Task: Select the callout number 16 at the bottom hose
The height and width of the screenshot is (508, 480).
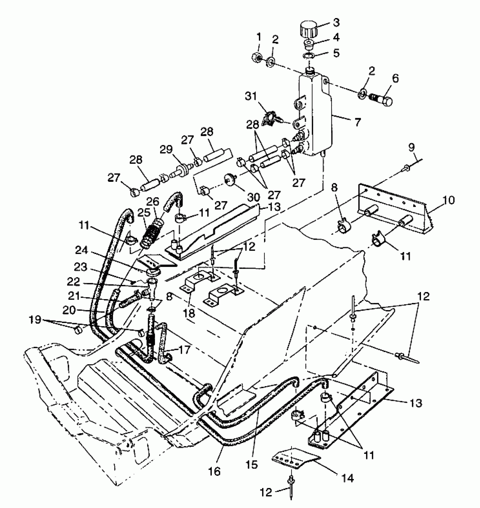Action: [215, 471]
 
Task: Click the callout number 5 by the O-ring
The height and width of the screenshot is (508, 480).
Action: [336, 53]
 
